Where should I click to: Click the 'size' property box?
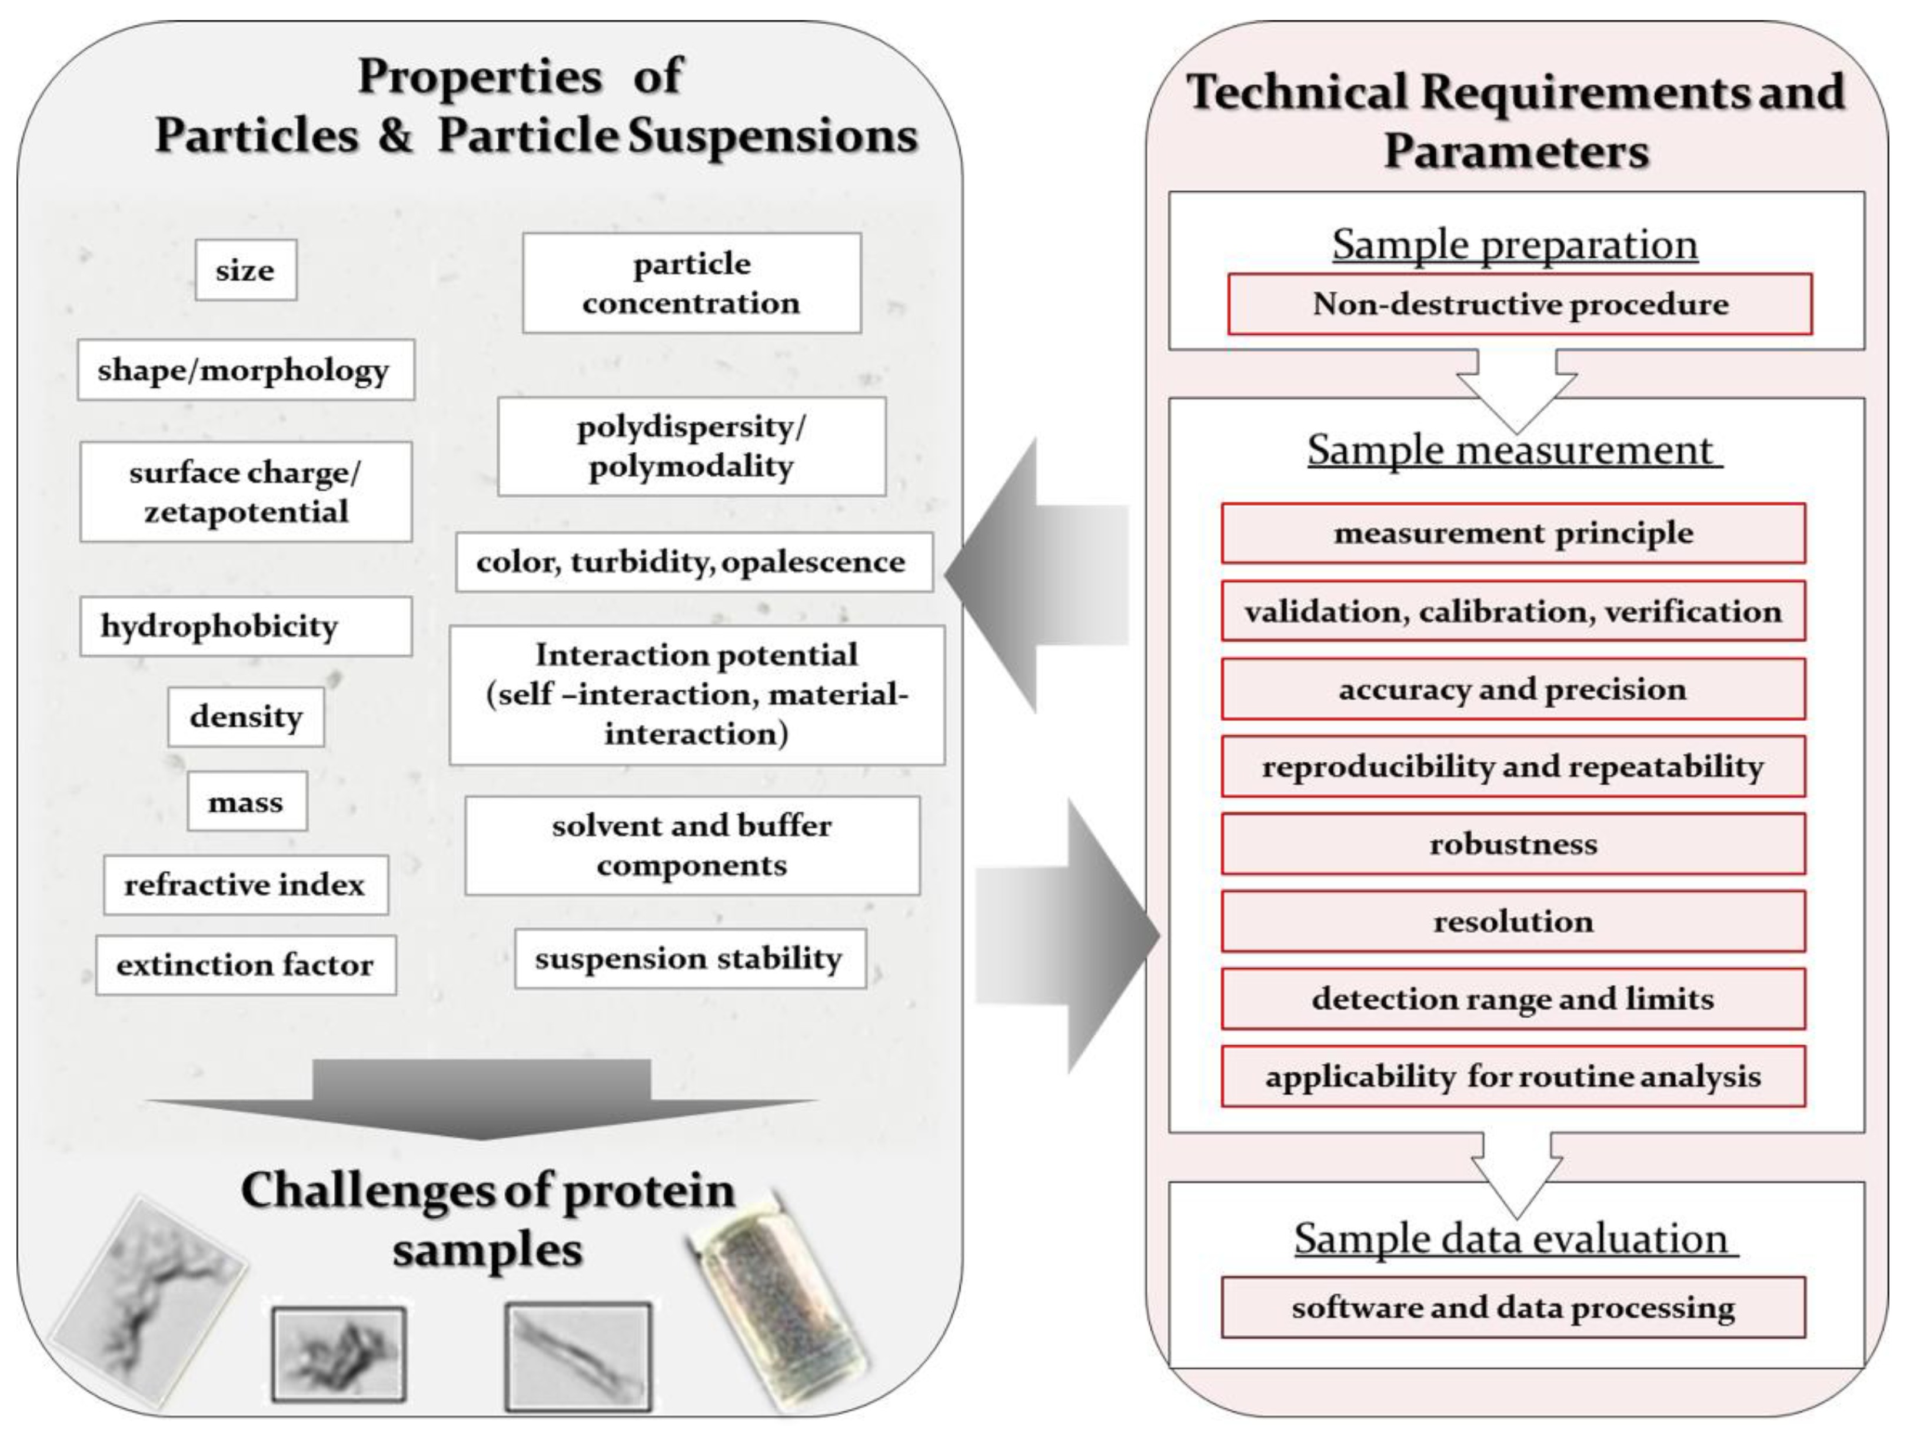coord(245,270)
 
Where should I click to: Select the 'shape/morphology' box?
coord(245,369)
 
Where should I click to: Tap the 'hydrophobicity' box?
coord(245,626)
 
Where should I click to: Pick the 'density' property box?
coord(245,716)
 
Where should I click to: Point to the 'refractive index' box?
coord(245,885)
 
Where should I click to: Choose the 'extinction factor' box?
coord(245,964)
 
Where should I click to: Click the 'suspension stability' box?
coord(690,958)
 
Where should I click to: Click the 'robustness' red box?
coord(1512,844)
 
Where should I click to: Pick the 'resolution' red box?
coord(1512,921)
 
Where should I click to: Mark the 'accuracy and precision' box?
coord(1512,689)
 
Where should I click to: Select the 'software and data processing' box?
coord(1512,1307)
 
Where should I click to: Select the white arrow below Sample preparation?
coord(1516,388)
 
